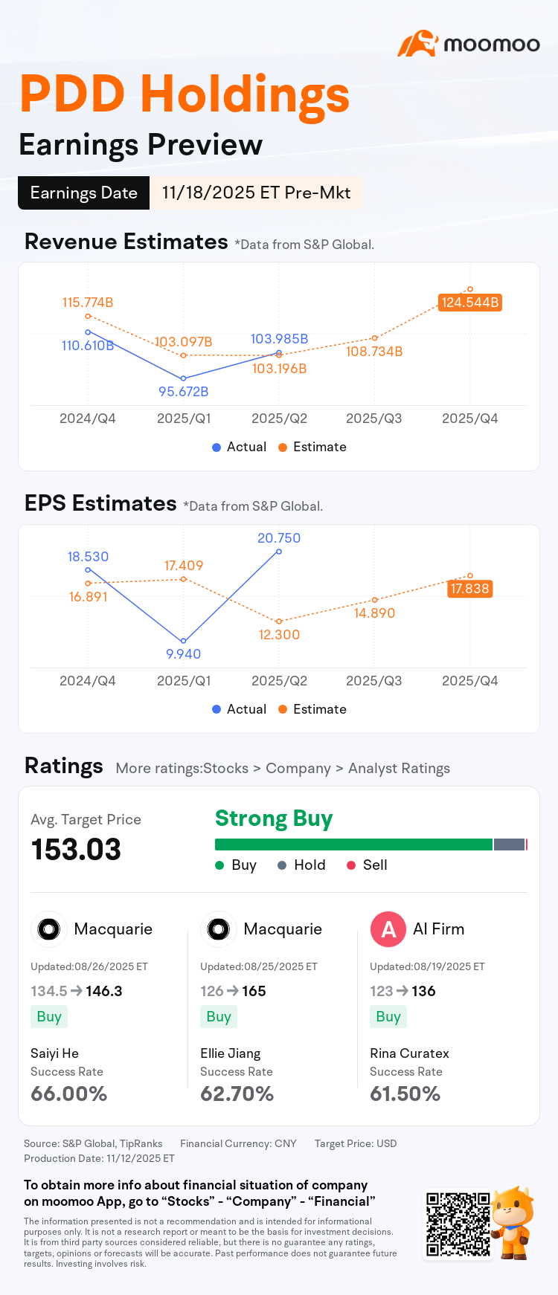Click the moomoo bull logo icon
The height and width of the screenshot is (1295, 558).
pos(417,44)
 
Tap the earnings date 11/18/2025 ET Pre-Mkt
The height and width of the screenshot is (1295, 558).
pos(256,193)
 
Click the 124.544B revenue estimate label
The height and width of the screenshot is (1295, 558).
pos(469,303)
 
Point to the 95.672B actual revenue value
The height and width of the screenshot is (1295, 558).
pos(183,391)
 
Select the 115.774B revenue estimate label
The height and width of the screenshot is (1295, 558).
pos(88,303)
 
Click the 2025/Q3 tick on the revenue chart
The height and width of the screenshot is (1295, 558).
pos(373,419)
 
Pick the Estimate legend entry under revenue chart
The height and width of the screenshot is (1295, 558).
pos(312,447)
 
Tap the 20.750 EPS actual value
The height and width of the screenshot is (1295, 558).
pos(279,537)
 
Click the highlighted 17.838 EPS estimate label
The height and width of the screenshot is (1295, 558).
pos(469,589)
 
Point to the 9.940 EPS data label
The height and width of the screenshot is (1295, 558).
pos(183,653)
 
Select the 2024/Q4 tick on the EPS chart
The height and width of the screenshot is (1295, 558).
pos(88,681)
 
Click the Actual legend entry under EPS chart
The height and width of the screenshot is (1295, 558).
pos(239,709)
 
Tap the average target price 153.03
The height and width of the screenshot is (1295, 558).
pos(76,850)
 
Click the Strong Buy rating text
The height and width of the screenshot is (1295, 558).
pos(274,818)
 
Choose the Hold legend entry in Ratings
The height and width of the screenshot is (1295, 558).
pos(301,865)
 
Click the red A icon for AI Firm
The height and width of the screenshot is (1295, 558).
pos(388,929)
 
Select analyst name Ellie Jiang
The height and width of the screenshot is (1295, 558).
pos(231,1053)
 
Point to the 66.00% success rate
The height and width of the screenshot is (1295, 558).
pos(69,1094)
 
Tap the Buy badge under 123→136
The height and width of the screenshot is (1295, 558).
pos(388,1016)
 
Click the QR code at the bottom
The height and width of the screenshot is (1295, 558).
pos(457,1224)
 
